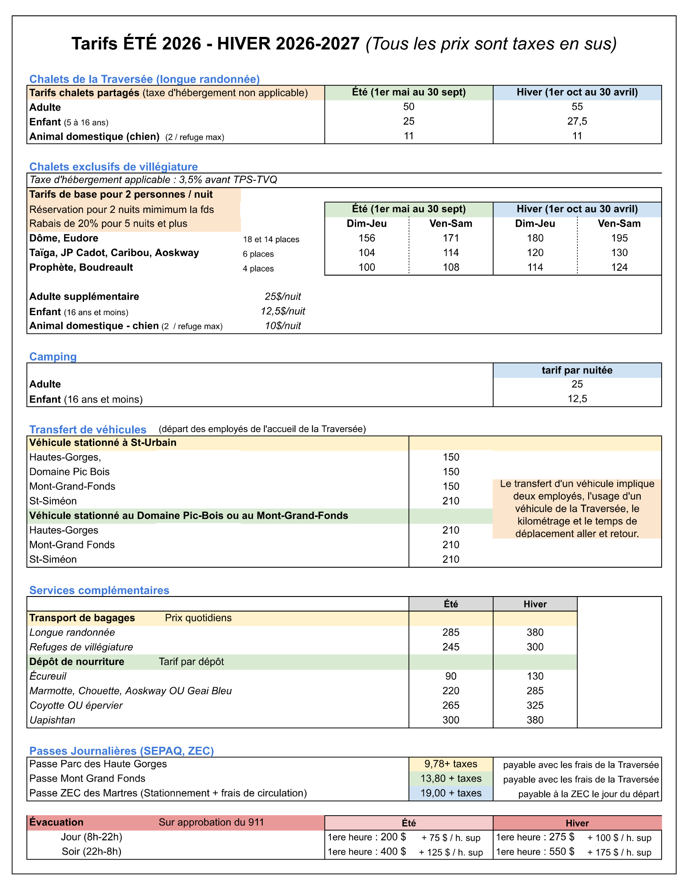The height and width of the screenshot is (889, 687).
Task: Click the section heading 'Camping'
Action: [x=53, y=356]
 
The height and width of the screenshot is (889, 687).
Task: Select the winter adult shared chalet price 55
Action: [x=577, y=107]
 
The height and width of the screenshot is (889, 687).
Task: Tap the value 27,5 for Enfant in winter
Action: [x=577, y=121]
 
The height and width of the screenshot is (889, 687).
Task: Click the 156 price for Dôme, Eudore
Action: [x=366, y=238]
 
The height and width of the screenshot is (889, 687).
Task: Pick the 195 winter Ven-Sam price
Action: [x=619, y=238]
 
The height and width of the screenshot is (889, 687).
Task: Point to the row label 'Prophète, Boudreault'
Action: [x=81, y=268]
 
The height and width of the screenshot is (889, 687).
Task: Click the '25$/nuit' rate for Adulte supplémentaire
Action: [x=283, y=296]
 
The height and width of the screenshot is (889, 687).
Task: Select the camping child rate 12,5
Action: [x=577, y=399]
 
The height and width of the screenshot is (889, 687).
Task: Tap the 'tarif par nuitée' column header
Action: [x=577, y=370]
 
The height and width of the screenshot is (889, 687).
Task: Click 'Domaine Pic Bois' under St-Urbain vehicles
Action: [x=69, y=472]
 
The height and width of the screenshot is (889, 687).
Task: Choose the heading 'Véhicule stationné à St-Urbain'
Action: [x=103, y=443]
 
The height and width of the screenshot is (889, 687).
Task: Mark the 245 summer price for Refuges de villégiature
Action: [x=450, y=647]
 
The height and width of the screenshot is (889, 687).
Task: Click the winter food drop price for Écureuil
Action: [x=535, y=676]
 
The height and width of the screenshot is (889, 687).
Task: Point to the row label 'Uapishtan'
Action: [x=52, y=720]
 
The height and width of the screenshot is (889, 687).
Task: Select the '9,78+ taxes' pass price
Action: [x=450, y=764]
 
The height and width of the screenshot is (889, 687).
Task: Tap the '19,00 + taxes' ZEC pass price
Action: [x=450, y=793]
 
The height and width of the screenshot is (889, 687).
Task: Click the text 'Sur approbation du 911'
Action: [x=211, y=822]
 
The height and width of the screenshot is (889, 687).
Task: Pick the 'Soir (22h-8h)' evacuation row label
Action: [x=91, y=851]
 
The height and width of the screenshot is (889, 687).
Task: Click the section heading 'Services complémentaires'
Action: [x=99, y=590]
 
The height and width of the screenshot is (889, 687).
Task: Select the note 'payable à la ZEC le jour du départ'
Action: [x=588, y=794]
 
